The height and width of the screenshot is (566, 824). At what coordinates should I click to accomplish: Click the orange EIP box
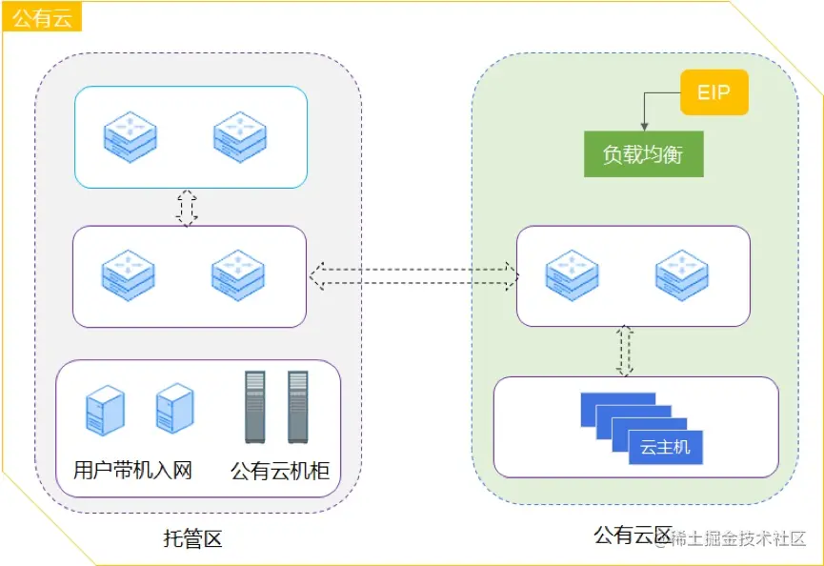click(x=714, y=92)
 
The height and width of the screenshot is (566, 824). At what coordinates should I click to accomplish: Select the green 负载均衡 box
click(x=643, y=154)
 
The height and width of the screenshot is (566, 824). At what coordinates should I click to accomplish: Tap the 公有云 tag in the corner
click(x=42, y=17)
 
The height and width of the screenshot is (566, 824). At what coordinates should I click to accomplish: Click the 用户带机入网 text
click(x=133, y=470)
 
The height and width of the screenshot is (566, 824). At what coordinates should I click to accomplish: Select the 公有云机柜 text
click(x=280, y=470)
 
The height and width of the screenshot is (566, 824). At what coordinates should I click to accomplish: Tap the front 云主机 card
click(x=665, y=447)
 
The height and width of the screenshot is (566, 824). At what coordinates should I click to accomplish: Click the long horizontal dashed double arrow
click(x=414, y=276)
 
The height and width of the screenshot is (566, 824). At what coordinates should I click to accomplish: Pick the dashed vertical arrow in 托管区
click(x=187, y=208)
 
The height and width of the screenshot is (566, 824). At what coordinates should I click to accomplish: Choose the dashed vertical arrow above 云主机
click(x=625, y=350)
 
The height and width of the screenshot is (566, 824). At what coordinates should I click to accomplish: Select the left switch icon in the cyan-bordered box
click(x=130, y=136)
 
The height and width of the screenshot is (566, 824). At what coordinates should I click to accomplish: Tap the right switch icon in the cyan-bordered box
click(x=239, y=136)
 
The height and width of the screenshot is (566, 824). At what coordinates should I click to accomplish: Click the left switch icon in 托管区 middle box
click(x=129, y=274)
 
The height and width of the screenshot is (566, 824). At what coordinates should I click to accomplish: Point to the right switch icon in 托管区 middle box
click(x=237, y=274)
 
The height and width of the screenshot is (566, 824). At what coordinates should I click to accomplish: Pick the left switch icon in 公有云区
click(x=572, y=274)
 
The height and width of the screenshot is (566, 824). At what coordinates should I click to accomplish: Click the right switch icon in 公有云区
click(x=682, y=274)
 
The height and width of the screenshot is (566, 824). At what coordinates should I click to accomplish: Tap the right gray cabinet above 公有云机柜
click(x=298, y=407)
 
